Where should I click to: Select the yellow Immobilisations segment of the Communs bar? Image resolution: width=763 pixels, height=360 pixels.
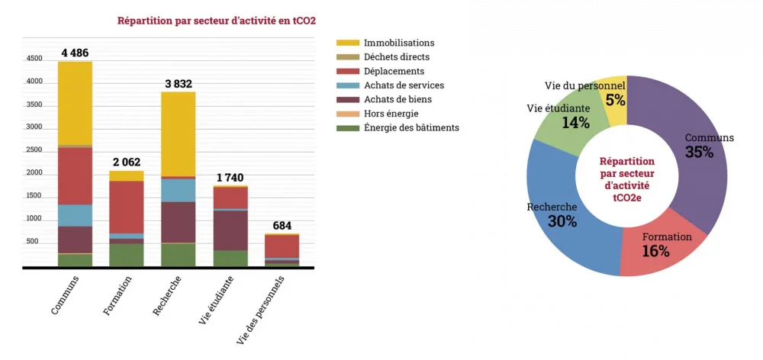tap(75, 102)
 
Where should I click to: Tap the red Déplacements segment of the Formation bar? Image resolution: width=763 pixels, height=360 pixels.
tap(126, 207)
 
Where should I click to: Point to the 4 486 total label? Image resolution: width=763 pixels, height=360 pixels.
tap(76, 53)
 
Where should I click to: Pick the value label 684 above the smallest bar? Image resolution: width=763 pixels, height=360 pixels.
tap(282, 226)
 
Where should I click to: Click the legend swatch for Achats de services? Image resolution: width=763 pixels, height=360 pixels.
tap(347, 85)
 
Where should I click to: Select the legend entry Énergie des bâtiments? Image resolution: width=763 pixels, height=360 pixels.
tap(411, 127)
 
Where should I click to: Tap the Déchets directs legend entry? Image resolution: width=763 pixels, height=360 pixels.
tap(397, 57)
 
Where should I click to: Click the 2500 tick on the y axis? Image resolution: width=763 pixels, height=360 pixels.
tap(34, 150)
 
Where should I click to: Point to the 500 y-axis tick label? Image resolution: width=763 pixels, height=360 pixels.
tap(32, 242)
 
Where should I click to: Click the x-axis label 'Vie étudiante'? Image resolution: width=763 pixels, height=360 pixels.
tap(216, 301)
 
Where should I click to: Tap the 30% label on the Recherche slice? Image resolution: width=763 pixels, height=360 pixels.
tap(562, 221)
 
